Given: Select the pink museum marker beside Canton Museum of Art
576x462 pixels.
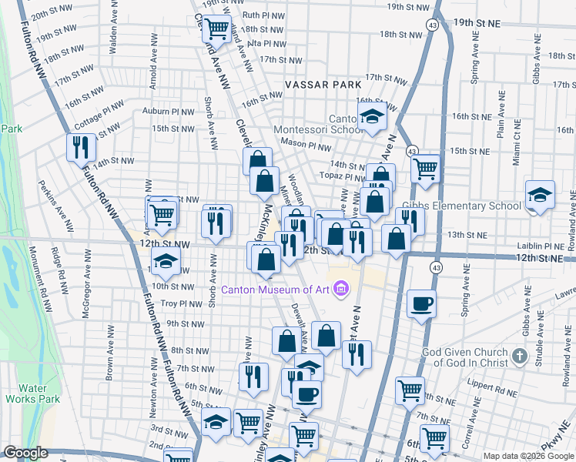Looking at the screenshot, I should click(x=340, y=290).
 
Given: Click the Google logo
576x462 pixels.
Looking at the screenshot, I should click(x=25, y=453).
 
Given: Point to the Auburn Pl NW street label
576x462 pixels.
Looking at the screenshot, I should click(x=169, y=111).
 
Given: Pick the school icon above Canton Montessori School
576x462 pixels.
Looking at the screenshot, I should click(x=373, y=116).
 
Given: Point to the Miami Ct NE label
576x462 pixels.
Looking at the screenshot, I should click(x=516, y=146).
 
